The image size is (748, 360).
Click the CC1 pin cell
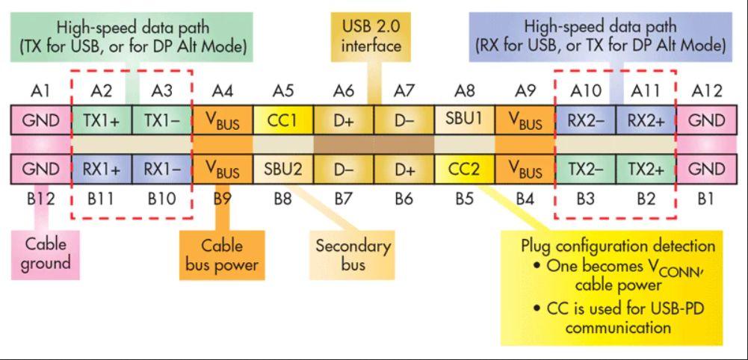point(282,121)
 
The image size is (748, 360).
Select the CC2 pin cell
point(464,170)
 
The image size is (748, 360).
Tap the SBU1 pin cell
point(464,121)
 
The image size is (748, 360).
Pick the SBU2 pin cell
point(282,170)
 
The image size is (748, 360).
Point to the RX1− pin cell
point(161,170)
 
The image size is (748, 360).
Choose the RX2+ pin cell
point(646,121)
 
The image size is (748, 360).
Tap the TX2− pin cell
point(585,170)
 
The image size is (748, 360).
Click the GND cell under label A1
point(40,121)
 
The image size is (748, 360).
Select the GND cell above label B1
point(706,170)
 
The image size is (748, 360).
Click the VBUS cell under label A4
point(222,121)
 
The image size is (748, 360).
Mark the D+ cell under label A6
point(343,121)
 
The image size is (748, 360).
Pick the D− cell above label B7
point(343,170)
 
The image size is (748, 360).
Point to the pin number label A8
point(464,91)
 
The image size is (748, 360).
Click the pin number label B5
point(464,199)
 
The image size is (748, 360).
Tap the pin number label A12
point(706,91)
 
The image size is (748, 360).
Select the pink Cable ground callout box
point(46,253)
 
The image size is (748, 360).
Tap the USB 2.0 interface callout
point(371,36)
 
